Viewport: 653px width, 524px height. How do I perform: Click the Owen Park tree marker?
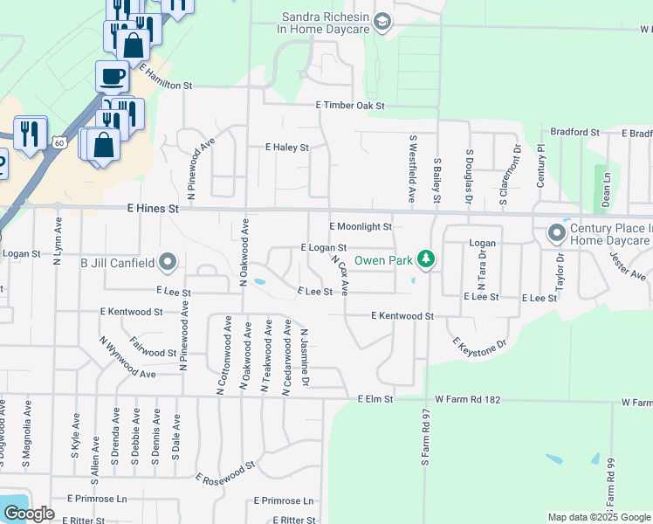425,259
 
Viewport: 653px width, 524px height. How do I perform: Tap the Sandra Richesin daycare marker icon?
381,21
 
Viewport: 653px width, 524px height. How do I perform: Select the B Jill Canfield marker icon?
168,262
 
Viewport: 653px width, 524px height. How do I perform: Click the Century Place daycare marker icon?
555,233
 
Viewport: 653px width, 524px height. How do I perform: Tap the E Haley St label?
287,148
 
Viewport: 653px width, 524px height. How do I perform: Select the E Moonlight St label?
361,226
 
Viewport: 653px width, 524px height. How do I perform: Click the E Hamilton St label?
165,79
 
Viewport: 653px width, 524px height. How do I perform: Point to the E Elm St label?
376,399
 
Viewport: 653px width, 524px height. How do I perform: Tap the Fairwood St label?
154,347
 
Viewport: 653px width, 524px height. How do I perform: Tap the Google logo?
29,513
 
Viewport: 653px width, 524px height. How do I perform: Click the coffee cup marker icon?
112,77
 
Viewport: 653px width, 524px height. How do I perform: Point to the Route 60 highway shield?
58,141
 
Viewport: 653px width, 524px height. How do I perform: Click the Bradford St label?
575,133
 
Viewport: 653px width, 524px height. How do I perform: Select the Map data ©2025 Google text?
599,517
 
